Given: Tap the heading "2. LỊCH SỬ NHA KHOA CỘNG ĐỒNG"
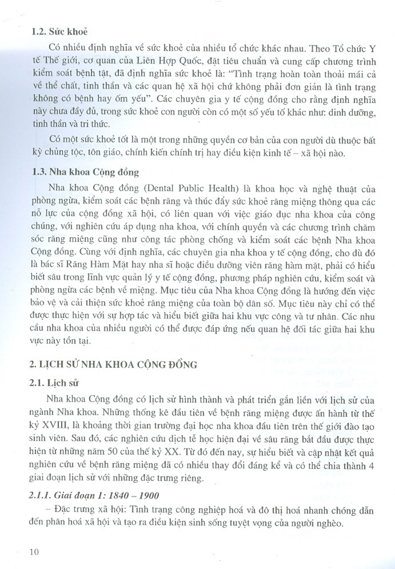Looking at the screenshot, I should pos(114,364).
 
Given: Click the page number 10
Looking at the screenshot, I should pos(34,552).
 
